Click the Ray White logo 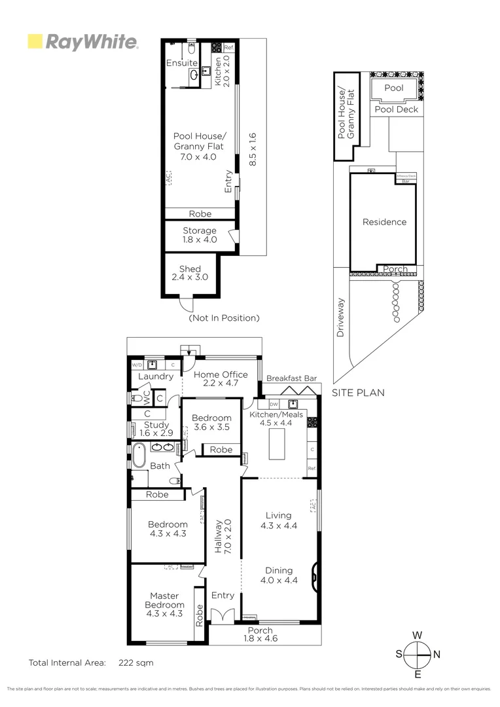tap(82, 43)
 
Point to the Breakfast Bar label tap(292, 378)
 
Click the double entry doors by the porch tap(223, 616)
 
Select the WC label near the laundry tap(149, 397)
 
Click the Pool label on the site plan tap(394, 88)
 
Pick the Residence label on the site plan tap(384, 222)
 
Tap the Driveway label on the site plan tap(340, 319)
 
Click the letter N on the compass tap(437, 654)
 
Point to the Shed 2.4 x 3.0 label tap(190, 273)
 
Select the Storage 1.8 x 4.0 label tap(199, 235)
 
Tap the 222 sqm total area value tap(136, 662)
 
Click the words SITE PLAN tap(358, 393)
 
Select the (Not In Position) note tap(224, 318)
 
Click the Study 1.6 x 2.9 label tap(156, 429)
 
